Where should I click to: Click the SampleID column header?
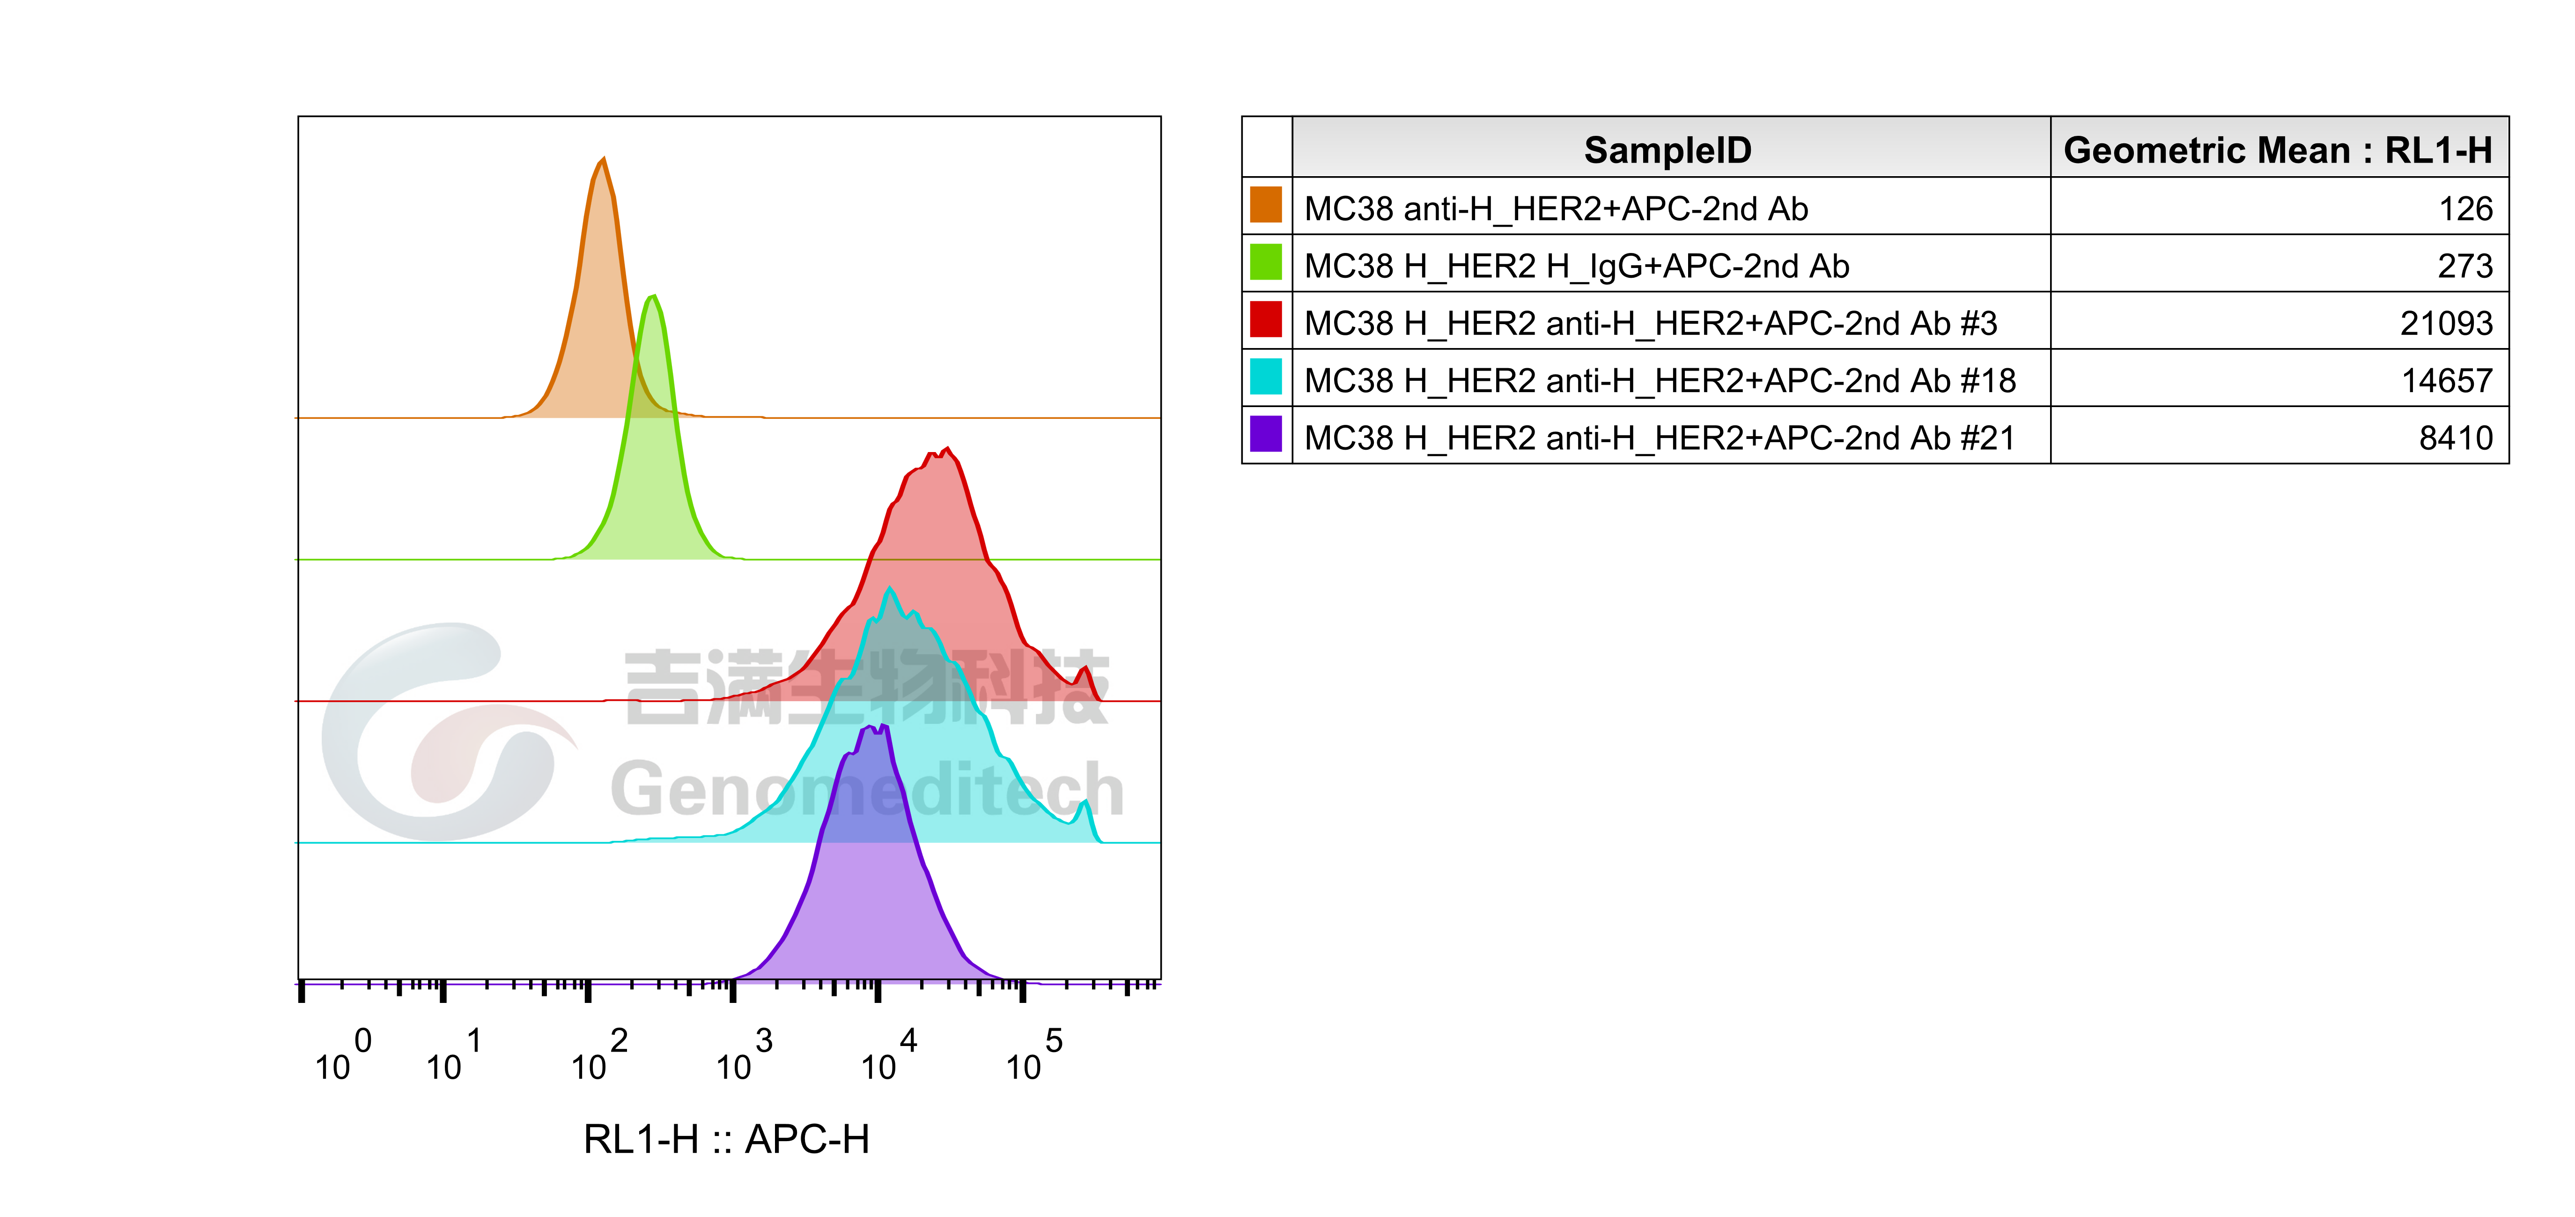[x=1667, y=150]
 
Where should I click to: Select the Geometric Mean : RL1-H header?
[x=2277, y=150]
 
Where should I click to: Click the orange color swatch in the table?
[x=1266, y=205]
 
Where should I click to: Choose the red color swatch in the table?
[x=1266, y=320]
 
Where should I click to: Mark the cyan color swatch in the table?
[x=1266, y=377]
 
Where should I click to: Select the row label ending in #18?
[x=1660, y=380]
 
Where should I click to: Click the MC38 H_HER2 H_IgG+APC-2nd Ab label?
[x=1576, y=266]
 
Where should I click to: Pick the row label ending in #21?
[x=1660, y=438]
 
